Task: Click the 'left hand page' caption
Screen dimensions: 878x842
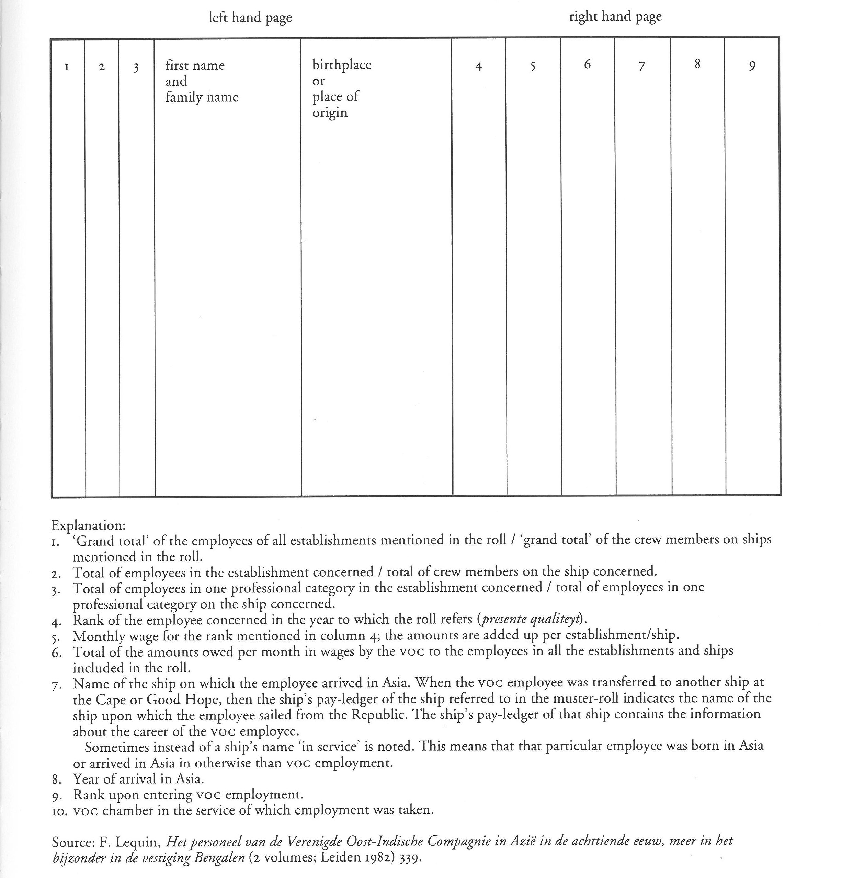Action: click(250, 18)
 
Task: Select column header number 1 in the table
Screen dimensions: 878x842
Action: click(67, 67)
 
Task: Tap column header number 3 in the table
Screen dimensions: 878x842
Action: click(136, 68)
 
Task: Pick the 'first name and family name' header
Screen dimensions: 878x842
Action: click(202, 81)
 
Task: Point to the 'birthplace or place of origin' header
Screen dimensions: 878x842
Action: click(341, 88)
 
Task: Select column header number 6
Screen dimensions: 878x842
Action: click(587, 65)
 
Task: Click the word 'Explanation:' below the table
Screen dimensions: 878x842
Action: click(89, 525)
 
